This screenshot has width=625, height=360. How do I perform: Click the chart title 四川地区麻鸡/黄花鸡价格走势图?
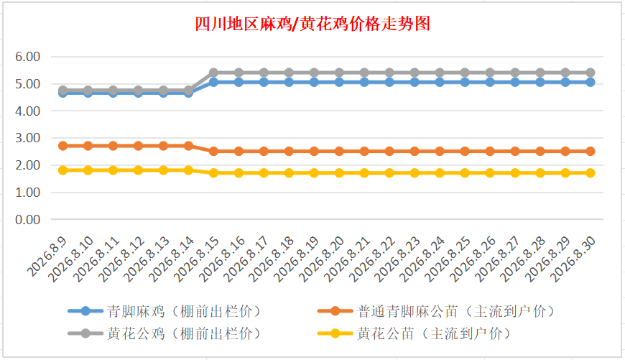pyautogui.click(x=312, y=24)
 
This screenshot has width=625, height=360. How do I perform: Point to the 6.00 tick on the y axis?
pyautogui.click(x=27, y=57)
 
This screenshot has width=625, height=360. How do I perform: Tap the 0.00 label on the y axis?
pyautogui.click(x=27, y=220)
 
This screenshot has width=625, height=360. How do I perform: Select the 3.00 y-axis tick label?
pyautogui.click(x=27, y=138)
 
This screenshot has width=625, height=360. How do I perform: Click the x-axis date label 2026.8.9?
pyautogui.click(x=47, y=257)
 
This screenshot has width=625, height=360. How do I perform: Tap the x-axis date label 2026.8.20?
pyautogui.click(x=323, y=259)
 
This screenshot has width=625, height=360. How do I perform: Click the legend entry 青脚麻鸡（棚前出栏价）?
pyautogui.click(x=165, y=311)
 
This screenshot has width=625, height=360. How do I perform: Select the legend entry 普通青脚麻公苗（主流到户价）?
pyautogui.click(x=437, y=311)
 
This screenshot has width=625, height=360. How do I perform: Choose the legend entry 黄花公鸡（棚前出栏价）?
pyautogui.click(x=165, y=333)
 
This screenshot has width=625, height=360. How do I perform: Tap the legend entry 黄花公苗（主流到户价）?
pyautogui.click(x=415, y=333)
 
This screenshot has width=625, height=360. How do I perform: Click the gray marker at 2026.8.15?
pyautogui.click(x=213, y=73)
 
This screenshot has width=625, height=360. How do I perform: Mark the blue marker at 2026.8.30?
pyautogui.click(x=591, y=82)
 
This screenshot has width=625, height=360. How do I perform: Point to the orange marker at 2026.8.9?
pyautogui.click(x=63, y=146)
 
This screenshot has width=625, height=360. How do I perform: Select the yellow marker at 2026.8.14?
pyautogui.click(x=188, y=170)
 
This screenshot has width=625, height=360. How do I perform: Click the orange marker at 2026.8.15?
pyautogui.click(x=213, y=152)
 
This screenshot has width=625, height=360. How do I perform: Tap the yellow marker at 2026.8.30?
pyautogui.click(x=591, y=173)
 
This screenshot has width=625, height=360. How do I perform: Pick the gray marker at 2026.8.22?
pyautogui.click(x=389, y=73)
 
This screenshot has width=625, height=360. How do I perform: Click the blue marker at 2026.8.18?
pyautogui.click(x=289, y=82)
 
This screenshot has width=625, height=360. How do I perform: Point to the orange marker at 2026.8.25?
pyautogui.click(x=465, y=152)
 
